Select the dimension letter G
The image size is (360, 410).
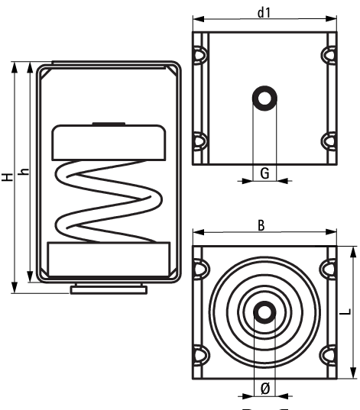[264, 173]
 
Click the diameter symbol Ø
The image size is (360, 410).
[264, 388]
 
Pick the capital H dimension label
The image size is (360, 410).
[7, 177]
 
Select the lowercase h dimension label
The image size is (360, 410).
[23, 174]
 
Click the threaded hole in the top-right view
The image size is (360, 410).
[264, 98]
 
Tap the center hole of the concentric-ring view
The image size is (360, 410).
[264, 313]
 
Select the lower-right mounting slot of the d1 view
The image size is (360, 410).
[329, 141]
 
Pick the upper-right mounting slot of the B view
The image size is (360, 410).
[329, 270]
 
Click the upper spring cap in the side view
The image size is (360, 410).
[108, 143]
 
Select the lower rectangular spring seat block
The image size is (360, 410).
[108, 258]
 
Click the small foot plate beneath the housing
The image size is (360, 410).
[108, 289]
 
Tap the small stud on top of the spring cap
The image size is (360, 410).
[108, 124]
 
